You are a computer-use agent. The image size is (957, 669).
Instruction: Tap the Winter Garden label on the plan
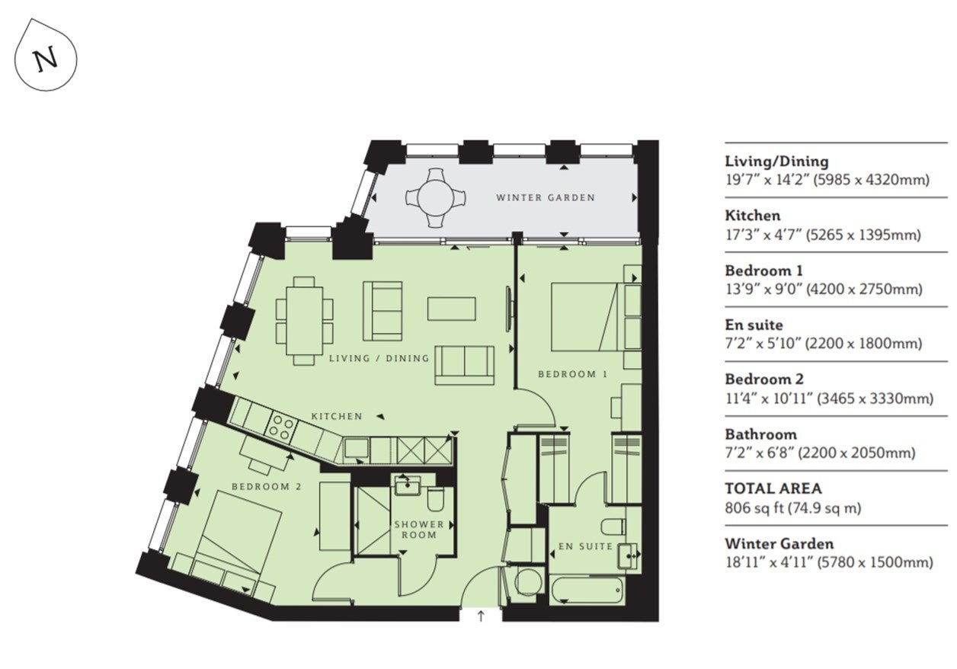pyautogui.click(x=545, y=198)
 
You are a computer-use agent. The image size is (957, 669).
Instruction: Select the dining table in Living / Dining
pyautogui.click(x=305, y=321)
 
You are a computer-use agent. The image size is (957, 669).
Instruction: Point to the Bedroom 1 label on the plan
pyautogui.click(x=572, y=374)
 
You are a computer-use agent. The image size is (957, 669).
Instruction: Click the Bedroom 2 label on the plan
pyautogui.click(x=267, y=487)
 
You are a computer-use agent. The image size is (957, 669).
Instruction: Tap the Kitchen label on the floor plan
pyautogui.click(x=337, y=416)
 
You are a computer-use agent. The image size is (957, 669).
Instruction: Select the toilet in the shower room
pyautogui.click(x=436, y=499)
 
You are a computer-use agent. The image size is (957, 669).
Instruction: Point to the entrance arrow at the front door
pyautogui.click(x=481, y=616)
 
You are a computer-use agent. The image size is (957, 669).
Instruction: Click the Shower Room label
pyautogui.click(x=419, y=530)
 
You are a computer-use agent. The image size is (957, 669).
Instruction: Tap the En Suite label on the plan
pyautogui.click(x=585, y=546)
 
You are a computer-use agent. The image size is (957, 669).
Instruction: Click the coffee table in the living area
pyautogui.click(x=452, y=309)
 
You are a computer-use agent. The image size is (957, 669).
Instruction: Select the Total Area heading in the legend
pyautogui.click(x=773, y=488)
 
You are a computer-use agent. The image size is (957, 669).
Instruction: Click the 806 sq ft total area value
pyautogui.click(x=754, y=508)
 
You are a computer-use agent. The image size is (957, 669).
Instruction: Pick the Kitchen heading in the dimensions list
pyautogui.click(x=752, y=216)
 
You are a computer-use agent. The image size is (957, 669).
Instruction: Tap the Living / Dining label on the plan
pyautogui.click(x=379, y=358)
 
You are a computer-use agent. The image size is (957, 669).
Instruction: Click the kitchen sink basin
pyautogui.click(x=357, y=449)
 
